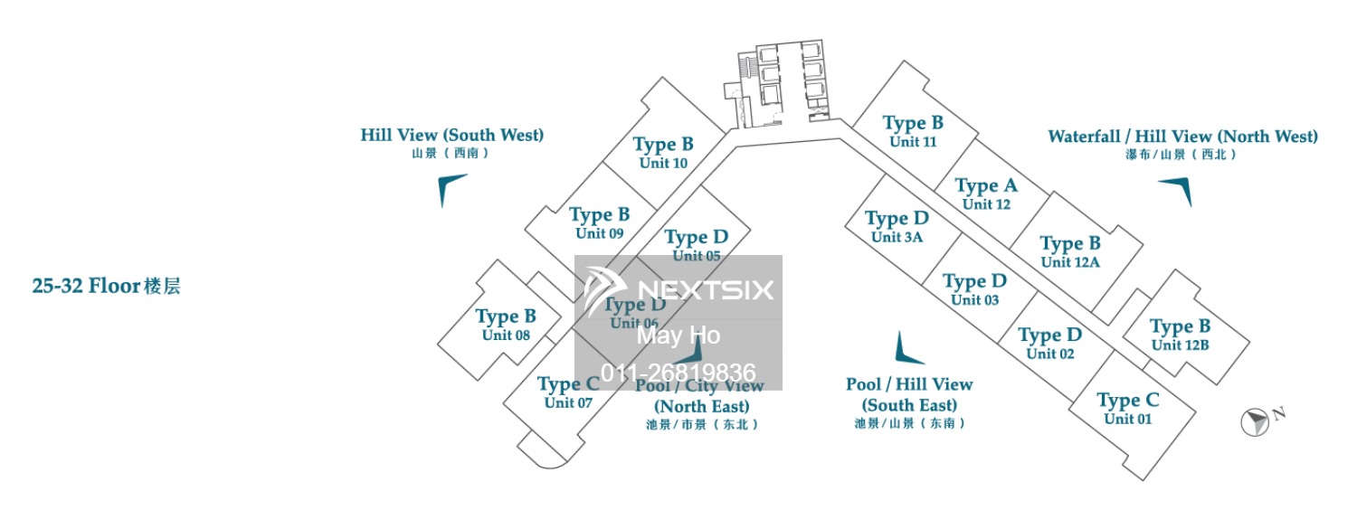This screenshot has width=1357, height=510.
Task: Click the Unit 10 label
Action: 663,164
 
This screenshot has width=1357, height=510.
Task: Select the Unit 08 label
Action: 506,335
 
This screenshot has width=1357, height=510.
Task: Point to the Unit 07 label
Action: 568,403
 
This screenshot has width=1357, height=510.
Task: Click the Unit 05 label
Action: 696,256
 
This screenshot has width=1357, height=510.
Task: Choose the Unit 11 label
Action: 913,142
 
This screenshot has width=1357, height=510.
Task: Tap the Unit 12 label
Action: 986,204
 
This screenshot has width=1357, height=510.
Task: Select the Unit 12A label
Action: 1069,262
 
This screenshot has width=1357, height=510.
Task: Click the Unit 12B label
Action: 1180,345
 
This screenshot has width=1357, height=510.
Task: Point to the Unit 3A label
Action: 897,238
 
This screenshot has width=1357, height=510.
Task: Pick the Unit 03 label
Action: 974,300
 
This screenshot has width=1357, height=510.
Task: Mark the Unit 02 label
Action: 1049,354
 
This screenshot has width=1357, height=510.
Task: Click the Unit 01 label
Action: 1127,419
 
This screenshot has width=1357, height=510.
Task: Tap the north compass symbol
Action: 1256,420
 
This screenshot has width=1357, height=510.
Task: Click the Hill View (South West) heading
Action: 451,136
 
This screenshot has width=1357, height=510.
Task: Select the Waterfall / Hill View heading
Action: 1182,137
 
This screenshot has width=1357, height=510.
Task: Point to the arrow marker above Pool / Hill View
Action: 902,348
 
